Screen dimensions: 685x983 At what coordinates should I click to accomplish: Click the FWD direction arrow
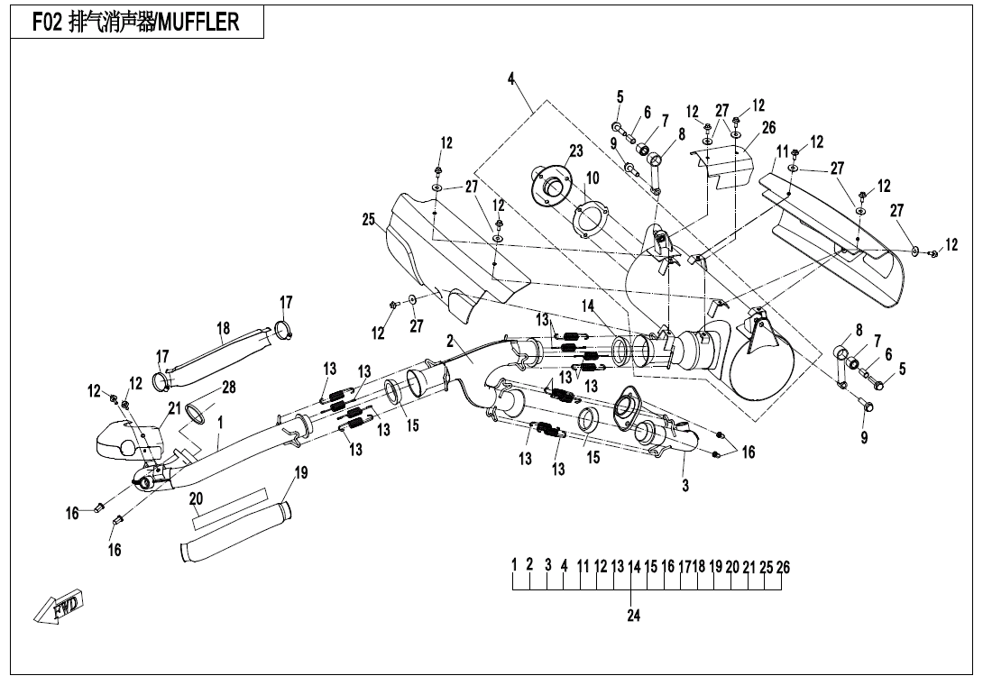(x=60, y=607)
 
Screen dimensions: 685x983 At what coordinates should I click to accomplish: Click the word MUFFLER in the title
(x=198, y=23)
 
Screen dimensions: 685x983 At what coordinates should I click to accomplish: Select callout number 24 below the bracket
(x=633, y=616)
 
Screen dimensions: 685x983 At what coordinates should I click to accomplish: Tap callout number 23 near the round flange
(x=576, y=151)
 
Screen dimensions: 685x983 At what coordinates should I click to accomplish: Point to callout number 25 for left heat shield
(x=368, y=219)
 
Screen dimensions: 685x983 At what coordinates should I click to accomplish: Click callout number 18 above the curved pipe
(x=224, y=328)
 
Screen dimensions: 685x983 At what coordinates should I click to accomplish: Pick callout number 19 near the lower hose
(x=301, y=473)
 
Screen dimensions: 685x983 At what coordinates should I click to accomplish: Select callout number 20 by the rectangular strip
(x=196, y=498)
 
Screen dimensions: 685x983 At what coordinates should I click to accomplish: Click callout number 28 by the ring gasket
(x=228, y=388)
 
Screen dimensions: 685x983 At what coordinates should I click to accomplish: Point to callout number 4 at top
(x=511, y=79)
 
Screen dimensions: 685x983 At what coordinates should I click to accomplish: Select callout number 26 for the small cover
(x=768, y=127)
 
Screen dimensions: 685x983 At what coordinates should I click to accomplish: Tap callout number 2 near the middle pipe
(x=449, y=341)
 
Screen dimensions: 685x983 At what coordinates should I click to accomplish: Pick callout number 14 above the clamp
(x=588, y=306)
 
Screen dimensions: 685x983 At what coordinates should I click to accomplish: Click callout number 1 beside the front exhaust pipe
(x=220, y=421)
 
